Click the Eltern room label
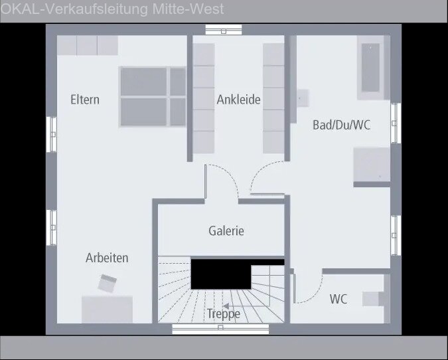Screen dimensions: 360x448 [x=85, y=100]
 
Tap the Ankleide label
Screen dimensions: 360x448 [x=238, y=100]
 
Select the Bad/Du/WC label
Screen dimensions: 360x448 [x=341, y=125]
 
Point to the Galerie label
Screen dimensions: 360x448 [x=226, y=231]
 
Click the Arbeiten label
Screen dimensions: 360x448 [x=107, y=258]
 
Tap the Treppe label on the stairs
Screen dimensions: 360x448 [x=223, y=314]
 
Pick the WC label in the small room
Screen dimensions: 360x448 [x=338, y=299]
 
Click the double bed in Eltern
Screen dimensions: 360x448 [x=153, y=96]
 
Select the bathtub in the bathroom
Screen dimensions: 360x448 [x=370, y=67]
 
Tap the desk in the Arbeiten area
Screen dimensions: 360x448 [x=107, y=309]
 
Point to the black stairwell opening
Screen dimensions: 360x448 [x=219, y=273]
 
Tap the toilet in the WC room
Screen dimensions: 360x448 [x=375, y=298]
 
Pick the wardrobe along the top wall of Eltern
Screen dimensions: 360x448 [x=87, y=45]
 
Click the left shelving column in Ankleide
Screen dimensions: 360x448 [x=204, y=98]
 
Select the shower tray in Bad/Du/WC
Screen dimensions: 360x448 [x=371, y=164]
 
